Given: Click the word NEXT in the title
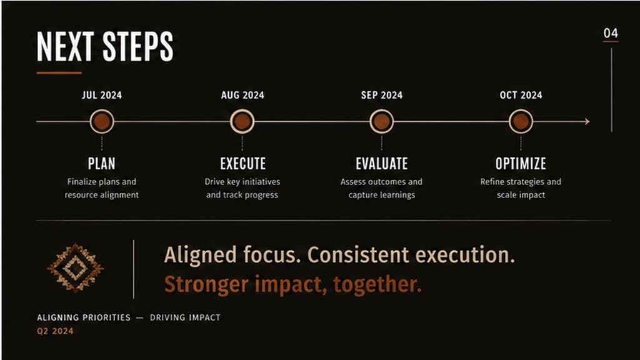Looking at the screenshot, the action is tap(65, 46).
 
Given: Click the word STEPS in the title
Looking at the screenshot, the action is tap(138, 46).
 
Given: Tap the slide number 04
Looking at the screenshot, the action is tap(611, 33).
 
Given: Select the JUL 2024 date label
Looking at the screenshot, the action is tap(102, 95).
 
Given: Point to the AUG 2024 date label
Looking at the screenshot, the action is tap(242, 95).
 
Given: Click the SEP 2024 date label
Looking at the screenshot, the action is tap(382, 95).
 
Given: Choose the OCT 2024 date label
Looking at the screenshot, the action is tap(521, 95).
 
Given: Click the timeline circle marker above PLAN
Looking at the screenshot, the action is tap(102, 121).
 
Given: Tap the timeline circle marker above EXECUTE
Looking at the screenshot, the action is tap(242, 121).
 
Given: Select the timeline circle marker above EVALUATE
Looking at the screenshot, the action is tap(382, 121).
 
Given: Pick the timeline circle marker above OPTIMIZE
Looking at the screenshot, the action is tap(521, 121).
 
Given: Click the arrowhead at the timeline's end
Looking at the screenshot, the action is tap(587, 121).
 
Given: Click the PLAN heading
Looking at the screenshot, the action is tap(102, 164).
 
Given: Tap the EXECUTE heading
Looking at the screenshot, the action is tap(243, 164).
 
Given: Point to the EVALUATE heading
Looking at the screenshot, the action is tap(382, 164).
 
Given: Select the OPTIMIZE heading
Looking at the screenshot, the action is tap(521, 164).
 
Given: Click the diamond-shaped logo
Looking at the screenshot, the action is tap(76, 268).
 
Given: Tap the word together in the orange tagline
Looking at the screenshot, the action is tap(377, 284).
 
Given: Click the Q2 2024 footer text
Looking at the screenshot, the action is tap(55, 331).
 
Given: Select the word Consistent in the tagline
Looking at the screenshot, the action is tap(358, 255).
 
